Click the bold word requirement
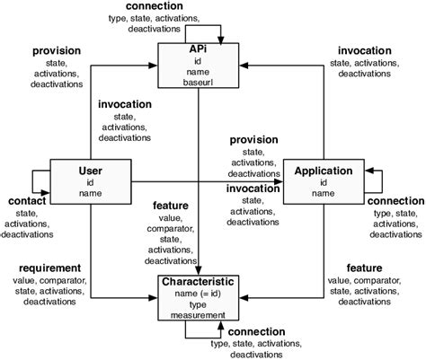[43, 268]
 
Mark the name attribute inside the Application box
[323, 192]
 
